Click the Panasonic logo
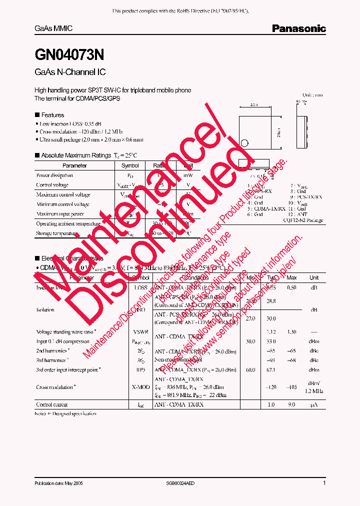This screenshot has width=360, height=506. (298, 29)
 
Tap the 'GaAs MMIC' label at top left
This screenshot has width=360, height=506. (53, 29)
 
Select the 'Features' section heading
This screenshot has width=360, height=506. (52, 115)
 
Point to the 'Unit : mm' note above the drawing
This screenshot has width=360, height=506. (313, 95)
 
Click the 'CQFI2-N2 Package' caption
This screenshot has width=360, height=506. (303, 220)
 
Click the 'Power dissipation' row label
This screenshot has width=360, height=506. (54, 175)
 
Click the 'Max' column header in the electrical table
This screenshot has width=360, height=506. (291, 277)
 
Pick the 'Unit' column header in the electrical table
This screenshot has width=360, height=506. (314, 277)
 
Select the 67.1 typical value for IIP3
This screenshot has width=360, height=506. (271, 370)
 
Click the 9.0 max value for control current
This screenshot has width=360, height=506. (291, 404)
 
